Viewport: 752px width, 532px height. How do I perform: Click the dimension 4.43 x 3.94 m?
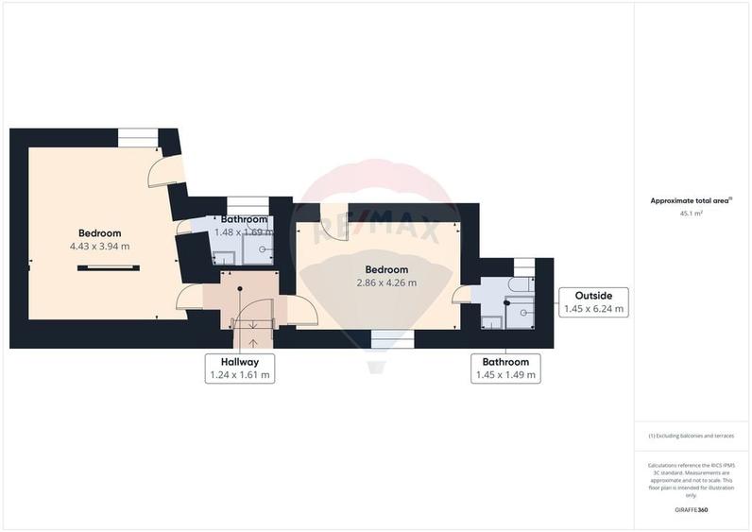click(99, 247)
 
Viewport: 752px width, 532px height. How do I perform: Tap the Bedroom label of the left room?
click(99, 233)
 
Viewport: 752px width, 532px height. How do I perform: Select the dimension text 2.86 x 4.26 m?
click(385, 283)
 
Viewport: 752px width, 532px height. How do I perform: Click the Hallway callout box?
click(239, 369)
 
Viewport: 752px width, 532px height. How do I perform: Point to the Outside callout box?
click(592, 302)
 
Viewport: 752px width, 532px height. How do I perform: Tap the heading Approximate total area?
click(691, 200)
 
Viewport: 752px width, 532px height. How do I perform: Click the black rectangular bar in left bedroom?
click(108, 268)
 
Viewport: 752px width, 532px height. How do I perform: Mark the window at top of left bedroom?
click(138, 138)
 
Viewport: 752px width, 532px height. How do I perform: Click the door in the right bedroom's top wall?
click(333, 219)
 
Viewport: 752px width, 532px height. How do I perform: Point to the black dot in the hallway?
click(240, 289)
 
